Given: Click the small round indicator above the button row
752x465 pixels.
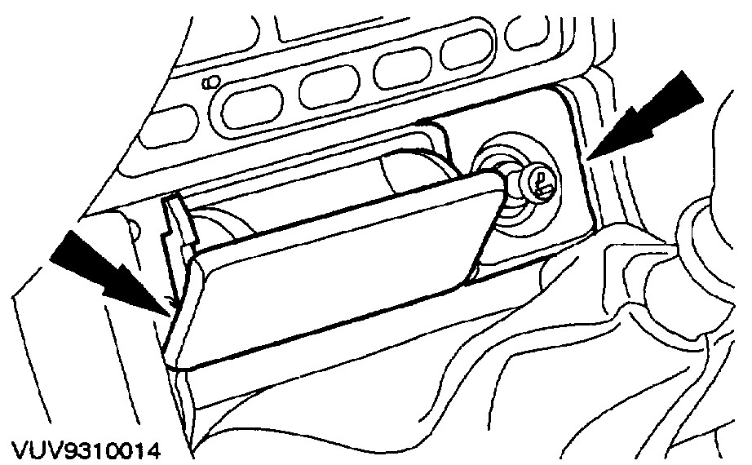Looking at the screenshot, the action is (212, 82).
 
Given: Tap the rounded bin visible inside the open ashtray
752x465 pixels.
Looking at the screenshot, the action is (408, 175).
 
